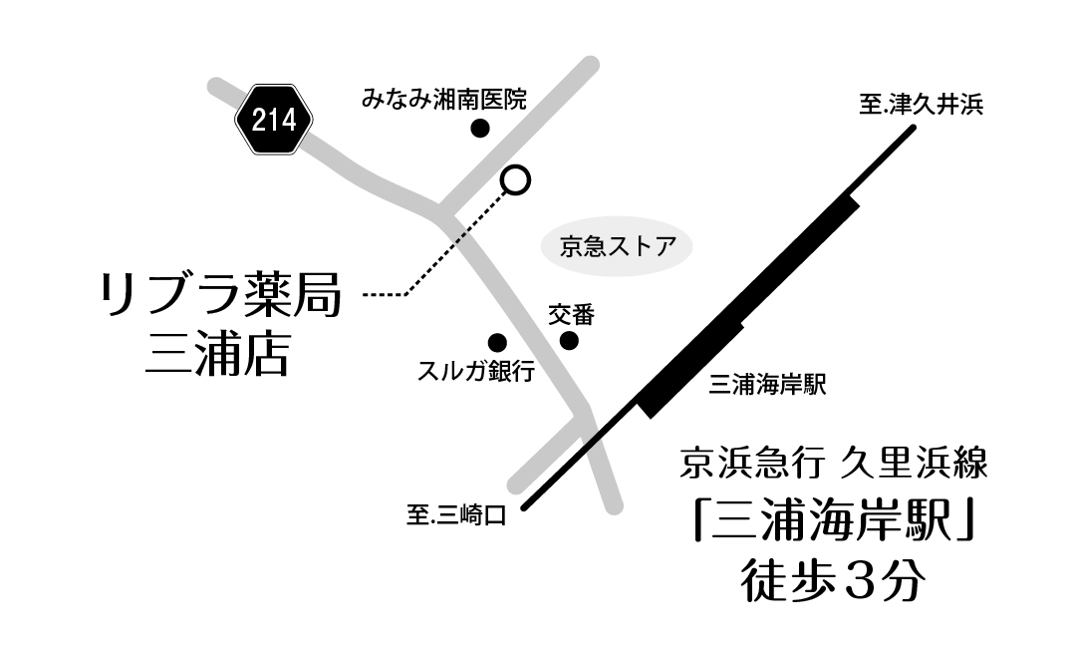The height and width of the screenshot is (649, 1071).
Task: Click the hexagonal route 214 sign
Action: [274, 121]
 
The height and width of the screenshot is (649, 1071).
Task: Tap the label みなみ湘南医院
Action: [443, 99]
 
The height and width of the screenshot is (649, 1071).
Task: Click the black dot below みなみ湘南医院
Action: [480, 128]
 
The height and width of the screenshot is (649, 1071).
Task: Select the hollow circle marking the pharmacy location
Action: [515, 178]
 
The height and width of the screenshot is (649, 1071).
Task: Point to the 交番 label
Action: [571, 315]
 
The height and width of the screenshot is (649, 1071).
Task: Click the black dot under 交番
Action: [569, 341]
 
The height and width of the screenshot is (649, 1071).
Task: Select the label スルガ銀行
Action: [475, 372]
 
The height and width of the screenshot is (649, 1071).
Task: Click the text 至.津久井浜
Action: [919, 104]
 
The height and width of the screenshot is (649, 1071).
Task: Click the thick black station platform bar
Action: [747, 304]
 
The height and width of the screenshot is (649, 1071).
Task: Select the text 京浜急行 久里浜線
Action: [832, 464]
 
